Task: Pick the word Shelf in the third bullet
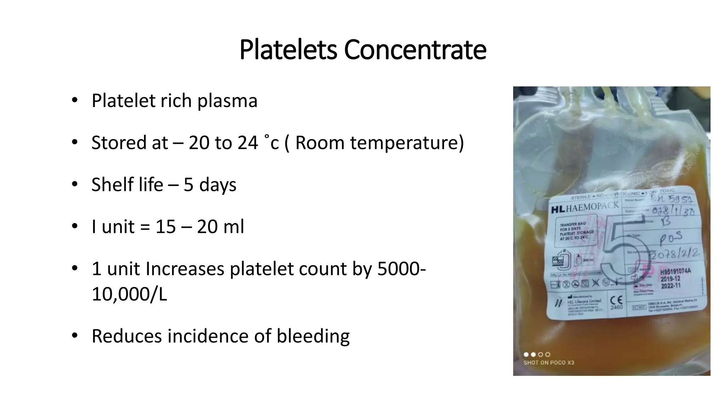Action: [x=109, y=185]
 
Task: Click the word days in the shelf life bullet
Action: [x=218, y=185]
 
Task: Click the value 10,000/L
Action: [x=129, y=294]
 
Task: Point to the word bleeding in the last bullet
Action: [x=313, y=336]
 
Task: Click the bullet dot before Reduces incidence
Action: [x=74, y=335]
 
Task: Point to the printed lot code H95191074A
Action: [x=675, y=272]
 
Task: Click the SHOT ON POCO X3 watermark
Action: [x=549, y=363]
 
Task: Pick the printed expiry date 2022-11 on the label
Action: [x=670, y=285]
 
